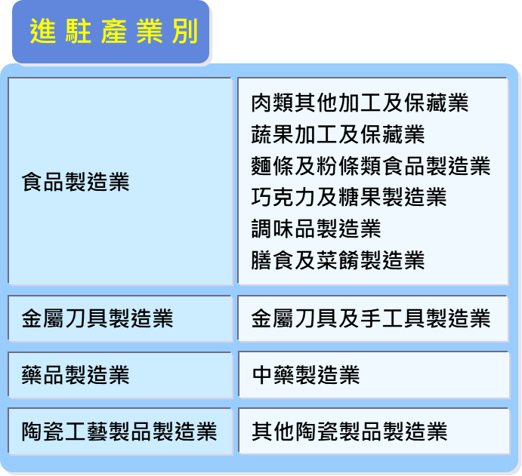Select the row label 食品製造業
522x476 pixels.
[76, 182]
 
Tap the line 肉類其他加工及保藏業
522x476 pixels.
[360, 103]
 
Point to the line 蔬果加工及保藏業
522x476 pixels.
[338, 134]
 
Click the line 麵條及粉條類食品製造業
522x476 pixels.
[370, 165]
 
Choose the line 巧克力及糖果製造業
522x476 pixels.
[348, 197]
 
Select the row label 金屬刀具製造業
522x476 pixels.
[97, 318]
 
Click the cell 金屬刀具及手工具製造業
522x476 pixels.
[370, 318]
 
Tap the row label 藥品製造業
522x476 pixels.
[76, 375]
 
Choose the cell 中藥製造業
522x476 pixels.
[305, 375]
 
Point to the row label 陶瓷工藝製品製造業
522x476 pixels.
[119, 431]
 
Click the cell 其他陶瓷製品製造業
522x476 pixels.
[348, 431]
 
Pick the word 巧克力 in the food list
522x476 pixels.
[283, 197]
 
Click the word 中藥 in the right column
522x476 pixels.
[273, 375]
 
